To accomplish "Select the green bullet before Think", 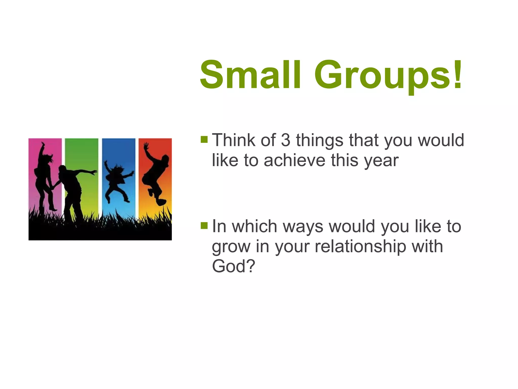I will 204,140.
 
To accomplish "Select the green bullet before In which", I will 204,225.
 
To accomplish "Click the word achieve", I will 294,160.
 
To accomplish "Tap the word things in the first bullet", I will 320,141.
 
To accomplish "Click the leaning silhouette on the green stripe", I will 72,190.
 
